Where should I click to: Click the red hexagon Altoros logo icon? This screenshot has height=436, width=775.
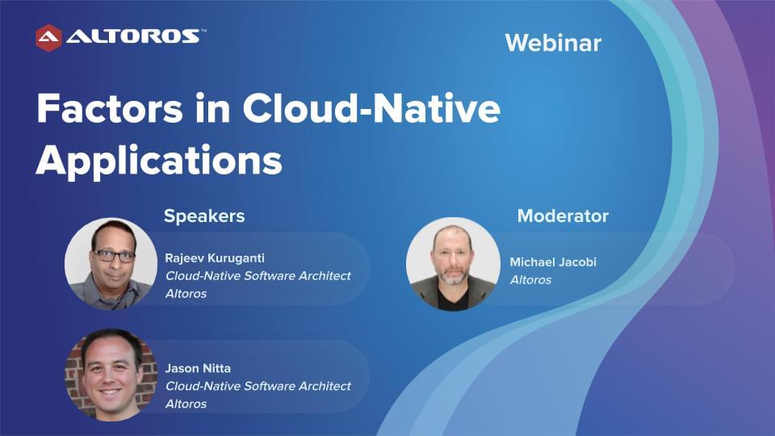48,38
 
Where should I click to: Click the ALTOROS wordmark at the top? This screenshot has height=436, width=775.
133,36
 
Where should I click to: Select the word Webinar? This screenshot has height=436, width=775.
553,43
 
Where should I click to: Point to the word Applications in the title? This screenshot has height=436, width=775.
159,161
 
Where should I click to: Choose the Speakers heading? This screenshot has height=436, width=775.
204,216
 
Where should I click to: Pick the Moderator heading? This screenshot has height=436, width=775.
563,216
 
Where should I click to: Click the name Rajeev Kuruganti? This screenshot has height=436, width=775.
215,258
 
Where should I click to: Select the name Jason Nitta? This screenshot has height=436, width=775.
198,368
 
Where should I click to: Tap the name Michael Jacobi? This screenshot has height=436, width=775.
553,262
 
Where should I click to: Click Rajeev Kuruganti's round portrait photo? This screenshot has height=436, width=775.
111,264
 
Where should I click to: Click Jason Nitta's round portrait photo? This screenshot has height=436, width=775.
111,375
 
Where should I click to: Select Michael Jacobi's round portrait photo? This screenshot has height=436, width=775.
453,264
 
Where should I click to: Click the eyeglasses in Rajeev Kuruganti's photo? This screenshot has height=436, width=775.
114,256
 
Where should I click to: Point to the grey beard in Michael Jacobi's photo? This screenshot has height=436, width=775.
452,275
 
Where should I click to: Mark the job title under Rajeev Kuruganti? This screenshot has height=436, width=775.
258,276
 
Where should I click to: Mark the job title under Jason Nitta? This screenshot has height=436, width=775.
258,386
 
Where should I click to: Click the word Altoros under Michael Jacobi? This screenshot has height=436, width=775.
531,280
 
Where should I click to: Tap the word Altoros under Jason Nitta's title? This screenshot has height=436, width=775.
186,404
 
